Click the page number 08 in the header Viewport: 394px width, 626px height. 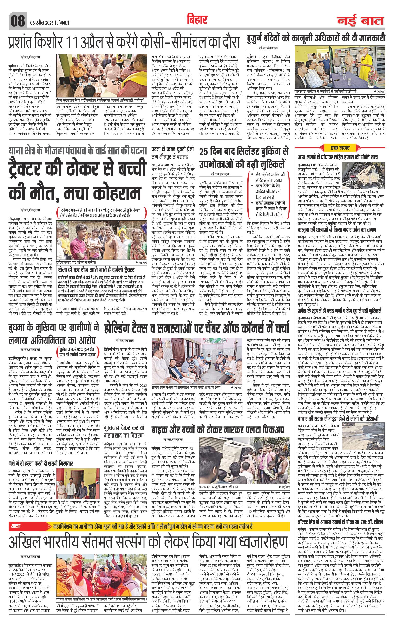click(x=17, y=21)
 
